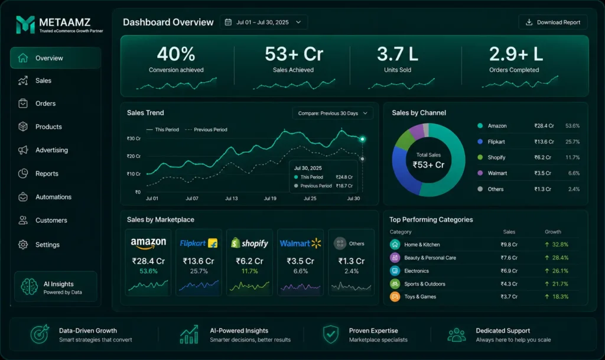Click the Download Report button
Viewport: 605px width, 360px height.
(x=552, y=22)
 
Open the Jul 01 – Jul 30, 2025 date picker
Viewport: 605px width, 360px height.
(x=264, y=22)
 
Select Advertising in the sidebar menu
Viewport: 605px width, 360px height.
(x=52, y=150)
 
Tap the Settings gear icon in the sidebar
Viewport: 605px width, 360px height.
(x=23, y=245)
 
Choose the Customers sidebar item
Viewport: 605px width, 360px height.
(x=51, y=220)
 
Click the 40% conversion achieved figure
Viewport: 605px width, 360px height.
(x=176, y=54)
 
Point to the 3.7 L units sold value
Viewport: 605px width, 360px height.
(x=398, y=54)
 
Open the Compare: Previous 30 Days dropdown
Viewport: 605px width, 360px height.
(x=333, y=113)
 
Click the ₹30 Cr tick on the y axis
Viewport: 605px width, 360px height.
(x=134, y=138)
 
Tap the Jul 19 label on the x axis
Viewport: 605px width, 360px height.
(x=270, y=199)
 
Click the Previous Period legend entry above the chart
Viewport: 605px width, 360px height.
(x=206, y=129)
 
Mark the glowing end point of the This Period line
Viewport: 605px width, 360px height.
(x=362, y=139)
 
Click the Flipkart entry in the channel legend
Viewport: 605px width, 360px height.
(x=496, y=142)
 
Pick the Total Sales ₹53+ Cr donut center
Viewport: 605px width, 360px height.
(x=428, y=161)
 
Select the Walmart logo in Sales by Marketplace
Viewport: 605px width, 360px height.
(x=300, y=244)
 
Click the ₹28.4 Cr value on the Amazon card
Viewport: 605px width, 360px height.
(x=148, y=261)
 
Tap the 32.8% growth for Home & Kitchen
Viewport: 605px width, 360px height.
(x=560, y=245)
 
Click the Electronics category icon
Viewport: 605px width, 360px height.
(x=395, y=271)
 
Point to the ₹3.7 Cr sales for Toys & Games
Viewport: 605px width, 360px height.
(x=509, y=297)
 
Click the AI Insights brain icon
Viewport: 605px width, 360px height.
(x=30, y=287)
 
